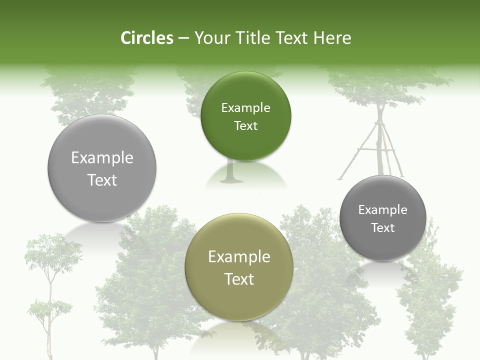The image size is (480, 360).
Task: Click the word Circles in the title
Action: (147, 38)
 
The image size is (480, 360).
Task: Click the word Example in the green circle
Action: (246, 108)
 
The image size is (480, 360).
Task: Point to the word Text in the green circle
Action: (246, 126)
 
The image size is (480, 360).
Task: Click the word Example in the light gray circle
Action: (102, 158)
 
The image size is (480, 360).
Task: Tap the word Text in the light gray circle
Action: (102, 180)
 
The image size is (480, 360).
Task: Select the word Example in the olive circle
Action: (239, 257)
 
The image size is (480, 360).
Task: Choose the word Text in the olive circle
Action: (239, 279)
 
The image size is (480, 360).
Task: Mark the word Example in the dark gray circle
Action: (383, 210)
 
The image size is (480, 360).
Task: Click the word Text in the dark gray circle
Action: (383, 228)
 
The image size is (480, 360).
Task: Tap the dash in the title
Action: (183, 38)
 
